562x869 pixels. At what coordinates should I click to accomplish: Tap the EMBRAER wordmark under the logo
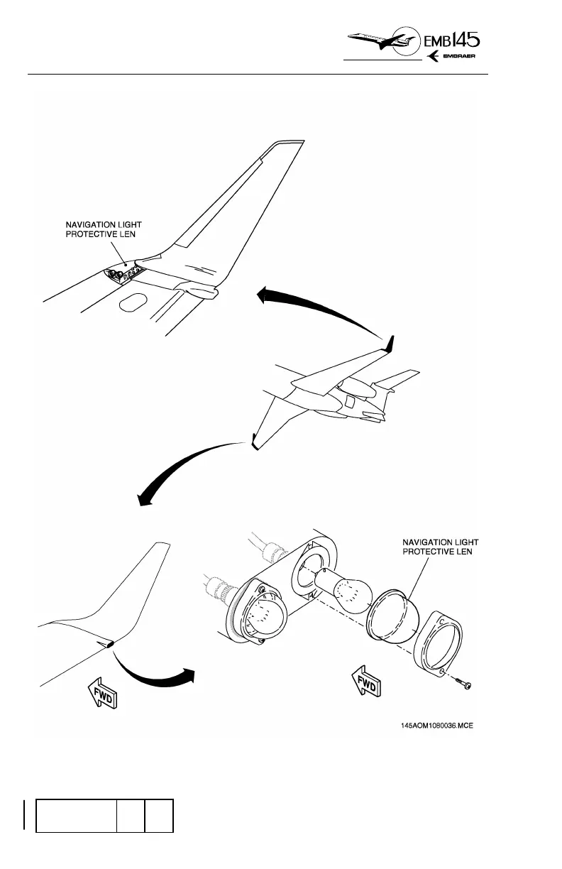click(x=465, y=58)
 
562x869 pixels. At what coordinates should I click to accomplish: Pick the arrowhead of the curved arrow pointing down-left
click(x=146, y=502)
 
